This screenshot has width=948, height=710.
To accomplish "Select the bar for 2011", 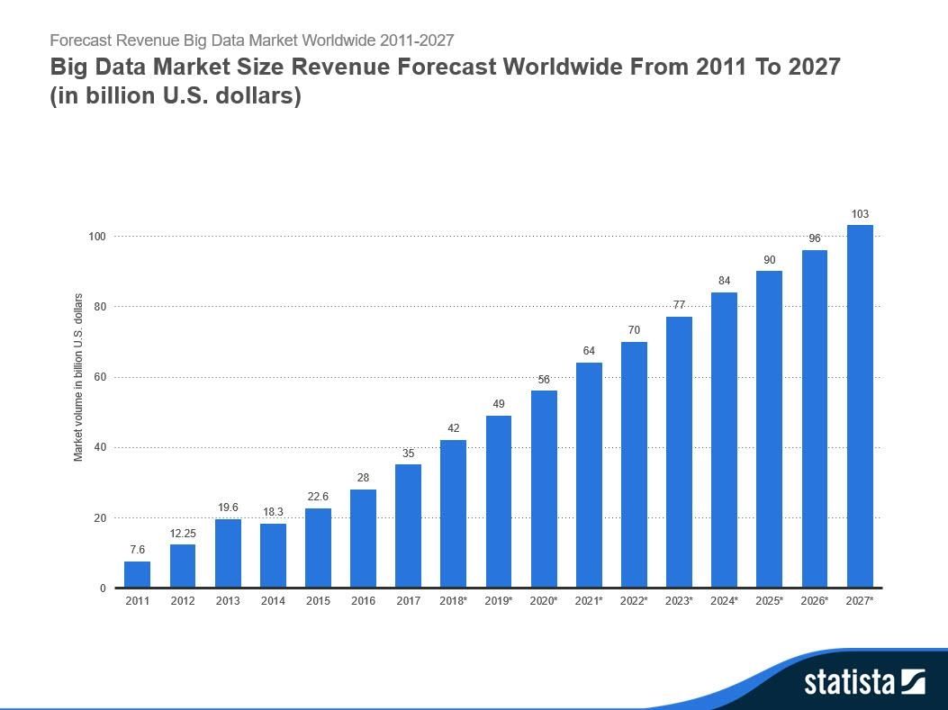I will (137, 574).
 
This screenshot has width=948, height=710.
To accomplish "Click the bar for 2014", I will (273, 555).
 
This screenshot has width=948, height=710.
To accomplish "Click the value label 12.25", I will (183, 534).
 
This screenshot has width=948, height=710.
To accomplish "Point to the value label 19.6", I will (228, 508).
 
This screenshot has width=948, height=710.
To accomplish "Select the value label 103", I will (860, 214).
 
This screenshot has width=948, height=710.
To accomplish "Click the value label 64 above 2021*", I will (589, 351).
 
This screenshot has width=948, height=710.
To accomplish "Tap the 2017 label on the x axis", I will (408, 600).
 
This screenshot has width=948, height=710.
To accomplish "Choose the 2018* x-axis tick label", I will (454, 600).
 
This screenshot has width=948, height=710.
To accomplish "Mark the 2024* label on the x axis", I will (725, 600).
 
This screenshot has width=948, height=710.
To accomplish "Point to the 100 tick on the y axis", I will (96, 237).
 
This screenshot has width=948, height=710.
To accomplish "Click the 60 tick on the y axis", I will (99, 377).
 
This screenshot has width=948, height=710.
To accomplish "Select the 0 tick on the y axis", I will (103, 589).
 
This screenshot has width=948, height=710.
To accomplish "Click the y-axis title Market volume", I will (78, 377).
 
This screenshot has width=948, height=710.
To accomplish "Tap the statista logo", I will (863, 681).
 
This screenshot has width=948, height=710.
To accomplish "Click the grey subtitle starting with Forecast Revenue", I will (251, 40).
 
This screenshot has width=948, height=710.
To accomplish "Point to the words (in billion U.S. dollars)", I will (176, 94).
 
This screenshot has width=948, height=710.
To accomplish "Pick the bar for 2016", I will (363, 538).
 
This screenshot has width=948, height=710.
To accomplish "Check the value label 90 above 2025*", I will (770, 260).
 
